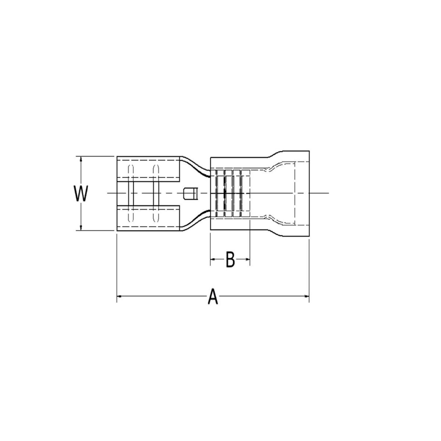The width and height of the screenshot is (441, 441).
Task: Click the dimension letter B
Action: pyautogui.click(x=230, y=260)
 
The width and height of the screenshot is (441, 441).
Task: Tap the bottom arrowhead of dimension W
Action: pyautogui.click(x=80, y=228)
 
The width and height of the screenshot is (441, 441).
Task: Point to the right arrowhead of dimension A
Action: pyautogui.click(x=307, y=296)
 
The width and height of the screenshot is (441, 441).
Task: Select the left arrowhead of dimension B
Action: pyautogui.click(x=212, y=260)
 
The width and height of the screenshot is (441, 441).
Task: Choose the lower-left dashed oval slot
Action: pyautogui.click(x=130, y=214)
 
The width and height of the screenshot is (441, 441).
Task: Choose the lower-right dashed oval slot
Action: pyautogui.click(x=155, y=214)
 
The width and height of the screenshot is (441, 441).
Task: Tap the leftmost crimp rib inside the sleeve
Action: pyautogui.click(x=220, y=193)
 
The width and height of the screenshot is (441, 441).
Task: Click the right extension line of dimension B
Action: pyautogui.click(x=250, y=243)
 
